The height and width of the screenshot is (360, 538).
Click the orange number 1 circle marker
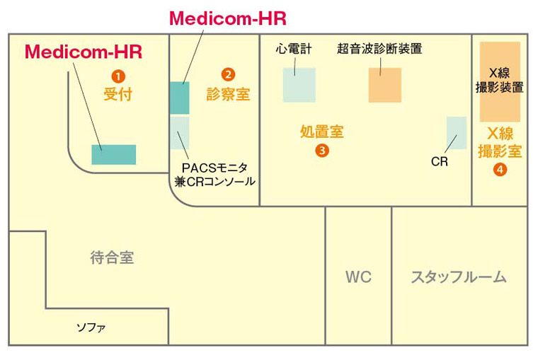[x=118, y=74]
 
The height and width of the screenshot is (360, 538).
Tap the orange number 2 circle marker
[x=228, y=74]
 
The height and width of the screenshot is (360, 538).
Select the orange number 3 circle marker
[x=322, y=150]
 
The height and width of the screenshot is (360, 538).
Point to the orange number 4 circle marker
[x=500, y=170]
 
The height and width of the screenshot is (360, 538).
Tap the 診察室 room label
[x=228, y=94]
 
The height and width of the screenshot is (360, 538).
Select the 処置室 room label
[x=322, y=132]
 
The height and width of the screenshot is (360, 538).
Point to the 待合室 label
[x=112, y=258]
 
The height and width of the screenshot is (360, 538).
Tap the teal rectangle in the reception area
[x=113, y=155]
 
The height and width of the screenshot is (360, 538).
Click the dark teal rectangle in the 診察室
[x=179, y=98]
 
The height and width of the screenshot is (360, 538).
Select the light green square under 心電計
[x=299, y=85]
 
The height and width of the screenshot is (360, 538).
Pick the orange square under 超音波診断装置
[x=384, y=85]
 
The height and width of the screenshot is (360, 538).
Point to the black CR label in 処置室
[x=439, y=161]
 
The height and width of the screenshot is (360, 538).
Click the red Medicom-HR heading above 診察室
[x=227, y=18]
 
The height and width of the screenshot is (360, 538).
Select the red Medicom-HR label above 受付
[x=83, y=52]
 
